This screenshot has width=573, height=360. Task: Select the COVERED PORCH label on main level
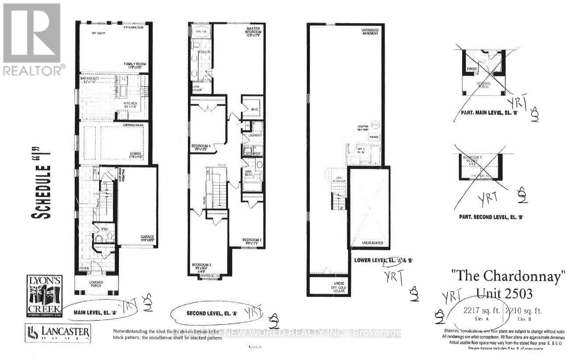pyautogui.click(x=95, y=284)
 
